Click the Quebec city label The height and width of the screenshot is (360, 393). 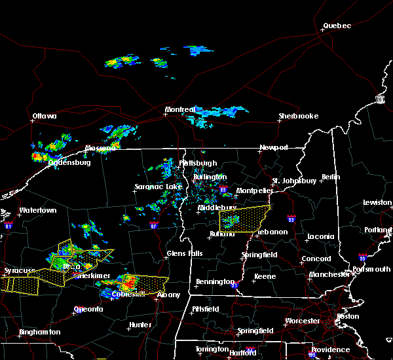pos(337,26)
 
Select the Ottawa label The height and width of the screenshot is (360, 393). pos(45,117)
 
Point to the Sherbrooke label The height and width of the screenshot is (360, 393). pos(298,117)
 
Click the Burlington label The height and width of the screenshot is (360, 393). pos(210,177)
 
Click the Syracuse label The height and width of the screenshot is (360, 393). pos(18,270)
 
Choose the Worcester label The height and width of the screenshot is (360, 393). pos(302,321)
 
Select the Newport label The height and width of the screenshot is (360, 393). pos(274,148)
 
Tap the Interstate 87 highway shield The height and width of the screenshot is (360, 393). pos(153,226)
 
